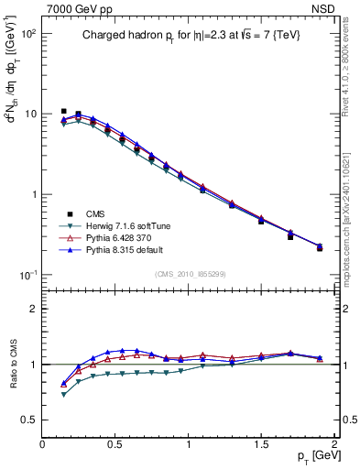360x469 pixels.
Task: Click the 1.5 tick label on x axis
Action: (x=261, y=444)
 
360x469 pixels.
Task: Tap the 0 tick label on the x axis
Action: (x=43, y=444)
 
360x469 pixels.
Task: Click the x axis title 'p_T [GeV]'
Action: (x=306, y=457)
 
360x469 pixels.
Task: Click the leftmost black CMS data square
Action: (x=63, y=111)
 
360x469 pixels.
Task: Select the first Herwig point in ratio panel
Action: (x=63, y=395)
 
